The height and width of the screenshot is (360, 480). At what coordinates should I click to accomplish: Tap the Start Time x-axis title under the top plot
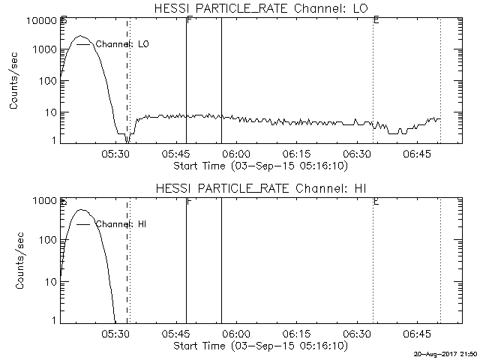pos(259,166)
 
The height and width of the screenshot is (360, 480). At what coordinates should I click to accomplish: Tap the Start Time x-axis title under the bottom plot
pos(259,346)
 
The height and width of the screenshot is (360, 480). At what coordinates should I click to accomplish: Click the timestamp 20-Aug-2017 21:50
pos(445,353)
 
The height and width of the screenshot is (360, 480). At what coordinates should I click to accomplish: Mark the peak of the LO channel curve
pos(82,36)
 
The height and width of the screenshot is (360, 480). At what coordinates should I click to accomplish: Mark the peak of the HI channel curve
pos(82,210)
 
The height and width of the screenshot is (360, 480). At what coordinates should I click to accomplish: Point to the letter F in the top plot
pos(189,20)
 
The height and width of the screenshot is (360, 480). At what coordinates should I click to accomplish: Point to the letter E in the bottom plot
pos(376,201)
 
